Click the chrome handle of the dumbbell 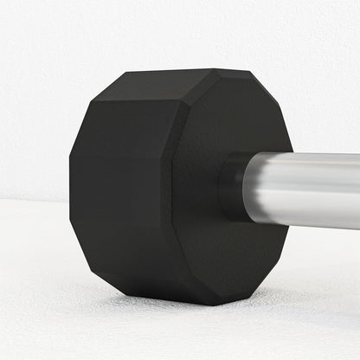pos(303,190)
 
